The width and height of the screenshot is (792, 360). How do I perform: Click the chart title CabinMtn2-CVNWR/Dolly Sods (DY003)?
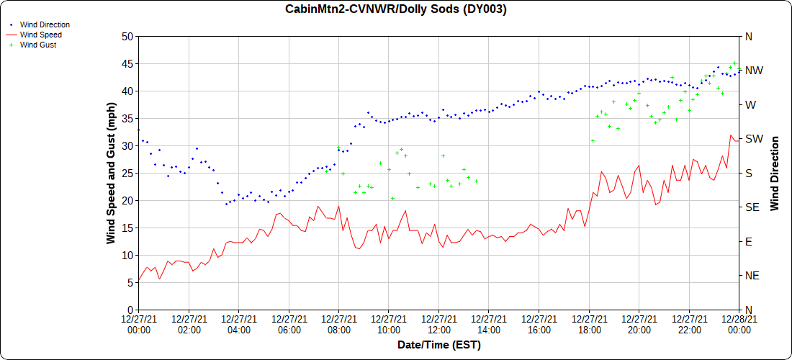[396, 9]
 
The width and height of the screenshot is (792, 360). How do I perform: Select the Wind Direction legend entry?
[45, 24]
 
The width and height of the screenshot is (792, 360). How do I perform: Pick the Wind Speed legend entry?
[41, 35]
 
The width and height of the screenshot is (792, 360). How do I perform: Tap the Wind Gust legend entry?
[38, 45]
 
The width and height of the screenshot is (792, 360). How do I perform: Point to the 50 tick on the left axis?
[127, 36]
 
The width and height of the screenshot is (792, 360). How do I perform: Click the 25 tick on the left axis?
[127, 173]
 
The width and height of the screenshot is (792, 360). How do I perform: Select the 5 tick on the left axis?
[130, 282]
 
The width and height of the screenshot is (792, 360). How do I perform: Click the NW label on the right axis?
[754, 71]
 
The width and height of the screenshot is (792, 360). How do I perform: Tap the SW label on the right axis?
[754, 139]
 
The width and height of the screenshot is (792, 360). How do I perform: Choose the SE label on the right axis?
[752, 207]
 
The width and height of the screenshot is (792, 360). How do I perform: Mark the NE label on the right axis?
[752, 276]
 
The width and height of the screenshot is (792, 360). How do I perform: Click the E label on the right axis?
[748, 241]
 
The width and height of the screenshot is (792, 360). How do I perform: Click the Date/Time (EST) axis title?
[439, 345]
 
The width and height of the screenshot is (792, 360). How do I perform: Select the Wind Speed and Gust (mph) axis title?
[111, 173]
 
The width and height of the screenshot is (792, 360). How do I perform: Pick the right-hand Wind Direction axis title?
[775, 173]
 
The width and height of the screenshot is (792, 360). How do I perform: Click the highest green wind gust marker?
[734, 63]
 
